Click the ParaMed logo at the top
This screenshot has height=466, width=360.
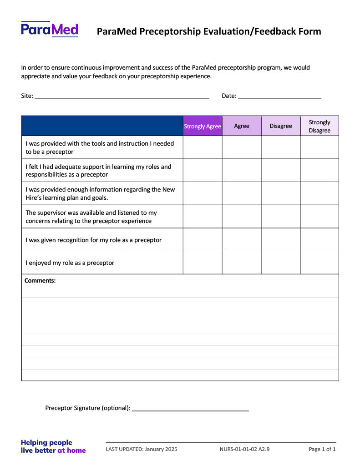[49, 30]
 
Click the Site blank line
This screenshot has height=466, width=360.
[122, 96]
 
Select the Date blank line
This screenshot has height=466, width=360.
[279, 96]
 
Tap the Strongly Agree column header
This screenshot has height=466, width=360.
[203, 126]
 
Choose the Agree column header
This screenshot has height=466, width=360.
[242, 126]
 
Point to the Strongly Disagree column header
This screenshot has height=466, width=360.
[319, 126]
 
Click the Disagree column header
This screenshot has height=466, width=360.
[281, 126]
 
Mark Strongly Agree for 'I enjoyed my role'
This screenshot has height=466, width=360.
[203, 263]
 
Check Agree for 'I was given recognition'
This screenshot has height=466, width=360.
[242, 239]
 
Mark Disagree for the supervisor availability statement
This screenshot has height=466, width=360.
[281, 216]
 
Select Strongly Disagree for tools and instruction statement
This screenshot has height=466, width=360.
[319, 147]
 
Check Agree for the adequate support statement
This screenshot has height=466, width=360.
[242, 170]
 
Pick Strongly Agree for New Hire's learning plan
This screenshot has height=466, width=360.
[203, 193]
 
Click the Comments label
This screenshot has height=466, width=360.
[40, 281]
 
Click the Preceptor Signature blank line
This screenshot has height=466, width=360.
[190, 408]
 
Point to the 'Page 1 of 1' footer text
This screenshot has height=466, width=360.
[322, 449]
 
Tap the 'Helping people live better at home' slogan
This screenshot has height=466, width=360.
[53, 446]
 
